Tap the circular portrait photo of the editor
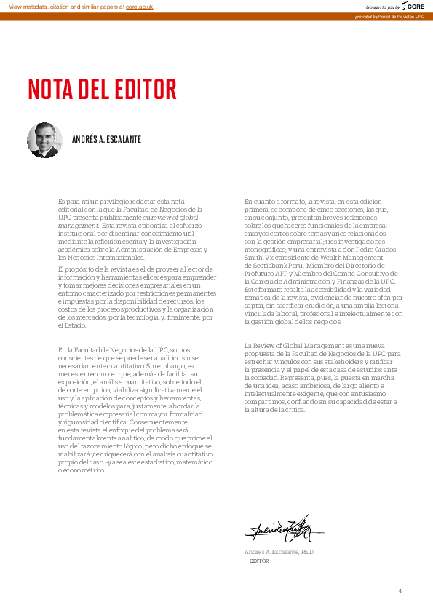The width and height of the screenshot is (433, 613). pyautogui.click(x=44, y=140)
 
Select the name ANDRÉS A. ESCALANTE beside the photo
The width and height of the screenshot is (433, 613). pyautogui.click(x=106, y=140)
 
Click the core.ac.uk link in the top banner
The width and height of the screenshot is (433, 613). pyautogui.click(x=140, y=6)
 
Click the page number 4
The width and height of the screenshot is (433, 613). pyautogui.click(x=400, y=590)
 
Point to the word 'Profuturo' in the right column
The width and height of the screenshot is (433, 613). pyautogui.click(x=260, y=273)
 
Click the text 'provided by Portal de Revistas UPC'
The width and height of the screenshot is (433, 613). pyautogui.click(x=389, y=16)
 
